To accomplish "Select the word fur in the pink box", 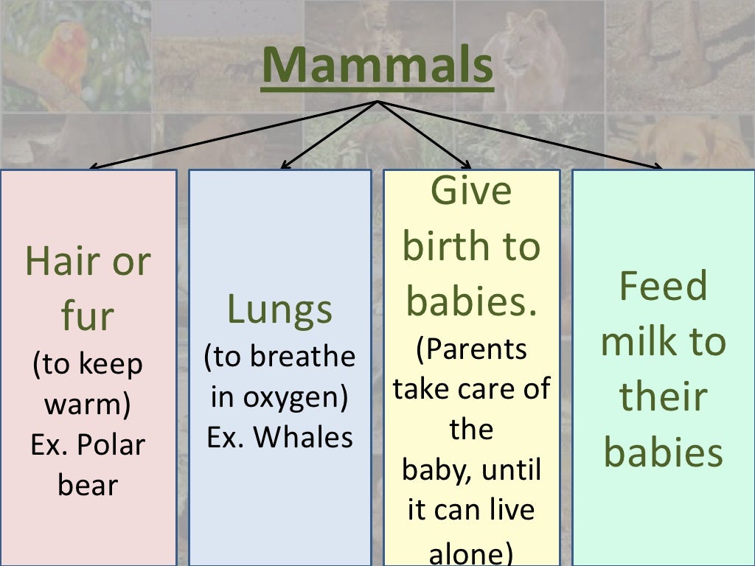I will coord(88,315).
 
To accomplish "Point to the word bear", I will coord(88,485).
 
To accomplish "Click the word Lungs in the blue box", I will coord(279,310).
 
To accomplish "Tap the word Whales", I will coord(303,438).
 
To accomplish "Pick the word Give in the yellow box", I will coord(470,191).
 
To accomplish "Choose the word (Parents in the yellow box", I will coord(472,349).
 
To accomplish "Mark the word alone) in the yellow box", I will coord(472,553).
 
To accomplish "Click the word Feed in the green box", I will coord(664,286).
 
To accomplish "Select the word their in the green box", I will coord(664,396).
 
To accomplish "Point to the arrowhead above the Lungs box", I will coord(285,165).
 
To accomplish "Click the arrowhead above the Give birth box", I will coord(467,165).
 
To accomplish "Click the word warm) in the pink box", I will coord(88,405).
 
